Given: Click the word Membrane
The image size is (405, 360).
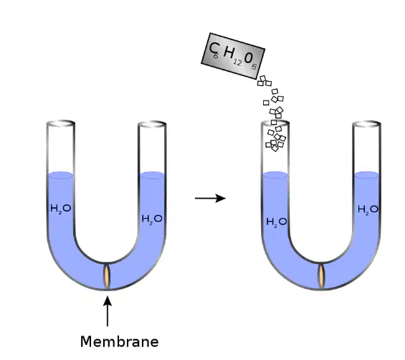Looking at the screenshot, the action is pos(119,341).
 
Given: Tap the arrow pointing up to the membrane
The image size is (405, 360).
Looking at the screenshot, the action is pos(108,311).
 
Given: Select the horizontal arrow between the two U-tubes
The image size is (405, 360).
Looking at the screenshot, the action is pos(210,198).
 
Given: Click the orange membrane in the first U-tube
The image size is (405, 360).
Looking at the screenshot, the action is pos(107,276).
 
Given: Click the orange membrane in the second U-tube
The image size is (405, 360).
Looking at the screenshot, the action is pos(321,276).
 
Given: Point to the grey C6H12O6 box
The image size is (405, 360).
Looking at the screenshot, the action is pos(233,56).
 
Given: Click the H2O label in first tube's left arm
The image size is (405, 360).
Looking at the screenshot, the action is pos(61,209).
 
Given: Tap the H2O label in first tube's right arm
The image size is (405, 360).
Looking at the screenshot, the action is pos(152,219).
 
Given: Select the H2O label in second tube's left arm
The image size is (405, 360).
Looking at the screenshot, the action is pos(277,222).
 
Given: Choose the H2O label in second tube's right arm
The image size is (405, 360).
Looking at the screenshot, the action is pos(368,209).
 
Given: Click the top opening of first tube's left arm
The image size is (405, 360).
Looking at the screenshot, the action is pos(61,123).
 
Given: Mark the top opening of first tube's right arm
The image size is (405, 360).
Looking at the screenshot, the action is pos(152,124).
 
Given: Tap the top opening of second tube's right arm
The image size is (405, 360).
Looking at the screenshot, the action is pos(367,124).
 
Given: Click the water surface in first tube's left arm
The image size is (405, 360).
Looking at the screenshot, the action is pos(61,175).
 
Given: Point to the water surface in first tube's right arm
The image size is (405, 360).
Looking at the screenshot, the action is pos(152,175).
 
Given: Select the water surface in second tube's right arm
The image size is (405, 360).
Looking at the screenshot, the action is pos(366,175).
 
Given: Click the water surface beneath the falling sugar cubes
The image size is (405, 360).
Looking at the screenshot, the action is pos(275,175).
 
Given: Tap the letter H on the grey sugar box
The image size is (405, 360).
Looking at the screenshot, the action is pos(229,53).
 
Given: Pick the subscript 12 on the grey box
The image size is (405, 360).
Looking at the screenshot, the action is pos(237,62).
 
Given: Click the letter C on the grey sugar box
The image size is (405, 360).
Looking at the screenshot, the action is pos(214,48).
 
